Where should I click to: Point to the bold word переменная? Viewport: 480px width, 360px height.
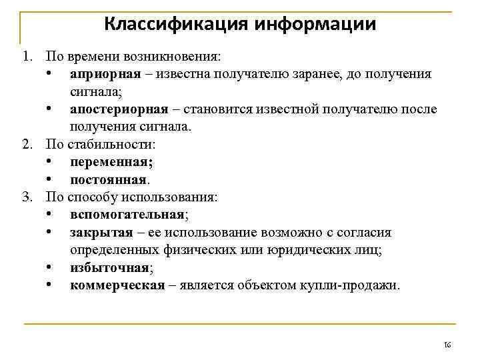(111, 162)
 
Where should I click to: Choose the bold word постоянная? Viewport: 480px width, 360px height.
(109, 179)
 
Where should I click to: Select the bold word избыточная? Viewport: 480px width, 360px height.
(109, 267)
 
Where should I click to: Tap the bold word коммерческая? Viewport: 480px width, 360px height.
(117, 285)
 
